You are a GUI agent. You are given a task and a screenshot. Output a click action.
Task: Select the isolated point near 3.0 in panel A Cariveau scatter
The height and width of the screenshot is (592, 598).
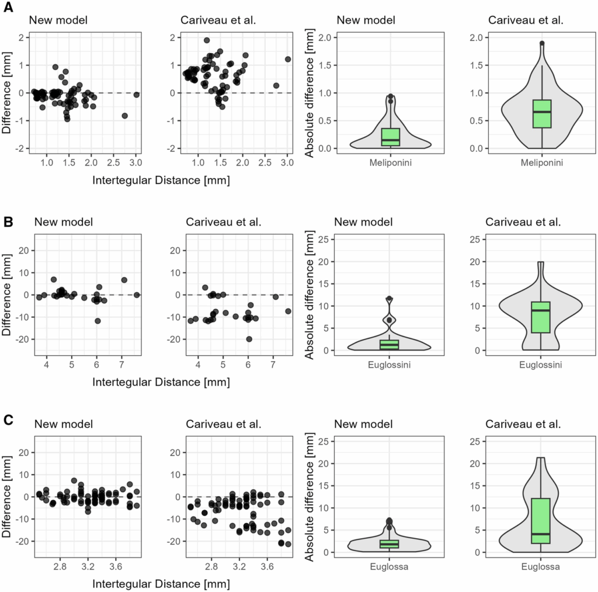287,59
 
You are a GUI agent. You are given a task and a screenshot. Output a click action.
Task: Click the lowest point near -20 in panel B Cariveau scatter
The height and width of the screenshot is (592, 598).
249,339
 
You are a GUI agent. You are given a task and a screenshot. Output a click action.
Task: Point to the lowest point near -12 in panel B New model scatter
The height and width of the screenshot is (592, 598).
98,321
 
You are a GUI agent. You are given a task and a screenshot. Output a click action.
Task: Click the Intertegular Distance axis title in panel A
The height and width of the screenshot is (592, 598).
161,180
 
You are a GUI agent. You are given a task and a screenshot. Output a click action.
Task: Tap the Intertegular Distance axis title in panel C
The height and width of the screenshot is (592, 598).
161,583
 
